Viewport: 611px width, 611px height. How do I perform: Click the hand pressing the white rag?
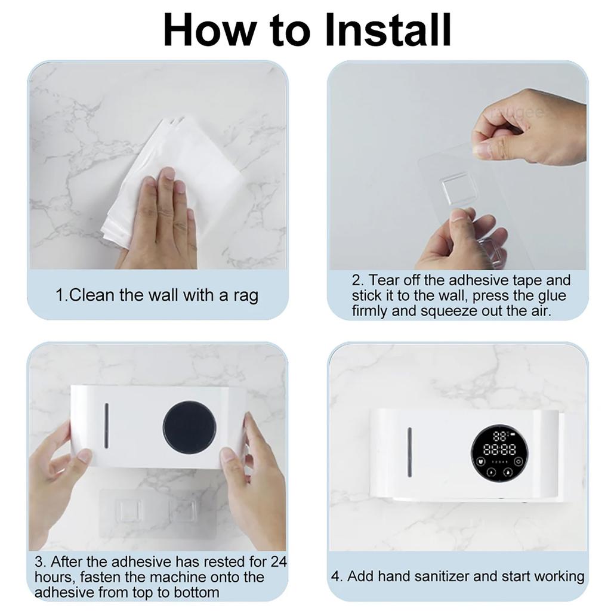161,221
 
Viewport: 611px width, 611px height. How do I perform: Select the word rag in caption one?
245,295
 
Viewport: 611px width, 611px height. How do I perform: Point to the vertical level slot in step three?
107,425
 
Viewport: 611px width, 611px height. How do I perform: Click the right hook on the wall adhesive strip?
183,511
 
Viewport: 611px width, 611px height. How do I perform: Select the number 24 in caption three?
279,562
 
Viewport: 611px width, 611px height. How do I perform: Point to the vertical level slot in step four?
409,452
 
